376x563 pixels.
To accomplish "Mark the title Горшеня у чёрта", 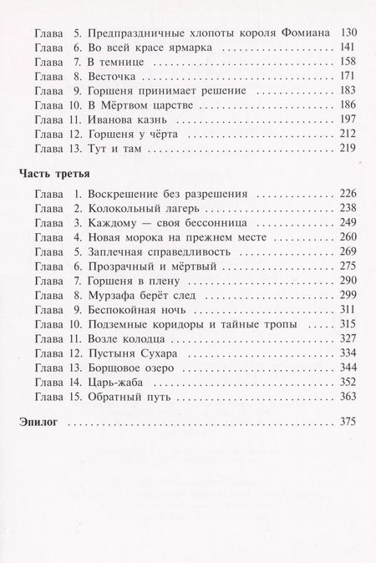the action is tap(133, 133).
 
